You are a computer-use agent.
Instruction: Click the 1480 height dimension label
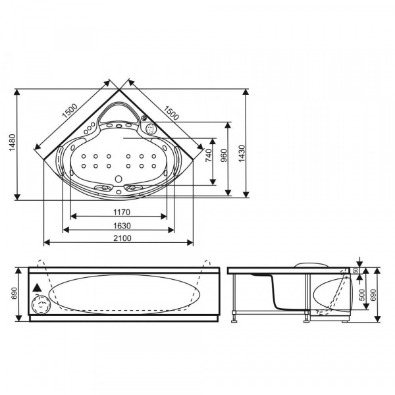pyautogui.click(x=13, y=143)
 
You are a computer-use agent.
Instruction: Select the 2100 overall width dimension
pyautogui.click(x=122, y=238)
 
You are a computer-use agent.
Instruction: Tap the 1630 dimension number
pyautogui.click(x=122, y=226)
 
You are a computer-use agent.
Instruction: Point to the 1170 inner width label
pyautogui.click(x=122, y=213)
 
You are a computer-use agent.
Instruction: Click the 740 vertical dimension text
pyautogui.click(x=209, y=155)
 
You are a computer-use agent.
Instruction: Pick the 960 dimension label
pyautogui.click(x=223, y=155)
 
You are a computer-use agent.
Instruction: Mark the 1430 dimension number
pyautogui.click(x=242, y=153)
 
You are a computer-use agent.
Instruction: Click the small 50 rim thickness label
pyautogui.click(x=355, y=271)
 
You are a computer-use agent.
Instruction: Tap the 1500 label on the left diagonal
pyautogui.click(x=70, y=111)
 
